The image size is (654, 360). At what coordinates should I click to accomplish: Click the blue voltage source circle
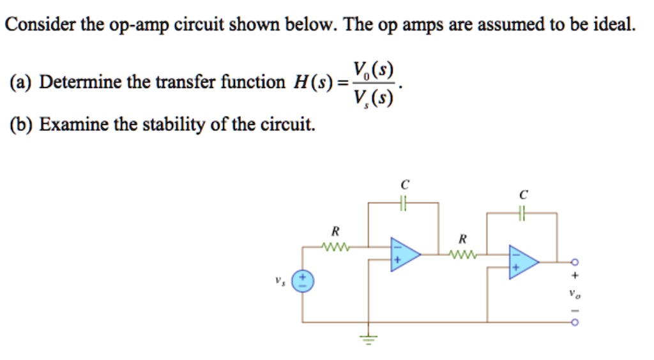coord(303,281)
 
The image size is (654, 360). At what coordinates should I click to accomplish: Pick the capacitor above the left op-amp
coord(403,203)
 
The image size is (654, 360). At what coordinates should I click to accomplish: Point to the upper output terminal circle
coord(574,262)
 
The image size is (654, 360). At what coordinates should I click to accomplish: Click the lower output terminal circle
coord(574,322)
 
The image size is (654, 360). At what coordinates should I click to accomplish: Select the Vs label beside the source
coord(278,280)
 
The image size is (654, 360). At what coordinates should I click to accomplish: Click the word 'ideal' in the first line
coord(614,25)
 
